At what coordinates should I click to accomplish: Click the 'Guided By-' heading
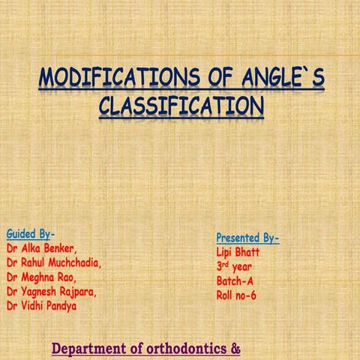pos(30,232)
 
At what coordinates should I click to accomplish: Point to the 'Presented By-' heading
pos(247,238)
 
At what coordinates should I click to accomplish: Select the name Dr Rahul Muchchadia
pos(54,262)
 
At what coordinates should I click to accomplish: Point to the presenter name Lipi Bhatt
pos(238,253)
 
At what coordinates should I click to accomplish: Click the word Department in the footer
pos(91,349)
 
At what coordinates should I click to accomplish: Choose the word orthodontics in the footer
pos(186,349)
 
